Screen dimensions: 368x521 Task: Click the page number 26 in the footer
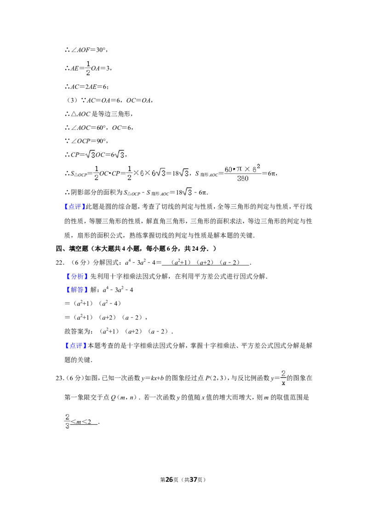coord(169,480)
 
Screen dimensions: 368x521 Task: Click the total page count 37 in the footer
coord(193,480)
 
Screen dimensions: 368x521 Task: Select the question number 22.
coord(60,262)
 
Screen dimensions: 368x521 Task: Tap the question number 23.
coord(60,378)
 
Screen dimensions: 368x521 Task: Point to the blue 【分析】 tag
coord(76,276)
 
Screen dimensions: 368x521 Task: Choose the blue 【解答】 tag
coord(76,290)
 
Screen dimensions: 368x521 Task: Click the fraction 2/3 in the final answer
coord(68,421)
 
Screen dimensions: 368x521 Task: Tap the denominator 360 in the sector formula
coord(243,179)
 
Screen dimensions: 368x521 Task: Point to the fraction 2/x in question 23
coord(283,378)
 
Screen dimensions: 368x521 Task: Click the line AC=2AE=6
coord(86,87)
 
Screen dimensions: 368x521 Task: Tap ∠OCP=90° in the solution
coord(86,141)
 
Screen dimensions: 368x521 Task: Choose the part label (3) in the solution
coord(72,100)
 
